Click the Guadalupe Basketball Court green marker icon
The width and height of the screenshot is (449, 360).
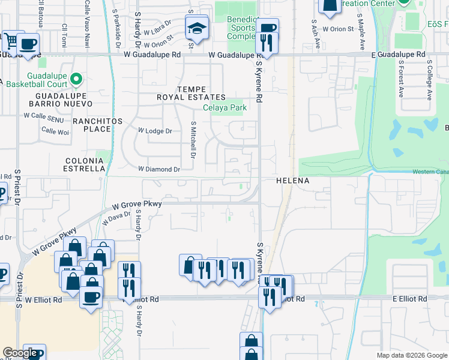[x=76, y=79]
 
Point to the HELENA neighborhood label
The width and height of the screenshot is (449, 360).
[x=292, y=181]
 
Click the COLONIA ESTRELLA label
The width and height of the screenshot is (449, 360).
[x=84, y=165]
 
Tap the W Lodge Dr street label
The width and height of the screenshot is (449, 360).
[x=155, y=131]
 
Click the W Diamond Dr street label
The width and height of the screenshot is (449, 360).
[x=159, y=170]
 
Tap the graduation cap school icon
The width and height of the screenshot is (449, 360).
[x=196, y=28]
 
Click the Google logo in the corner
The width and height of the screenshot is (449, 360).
[x=20, y=353]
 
